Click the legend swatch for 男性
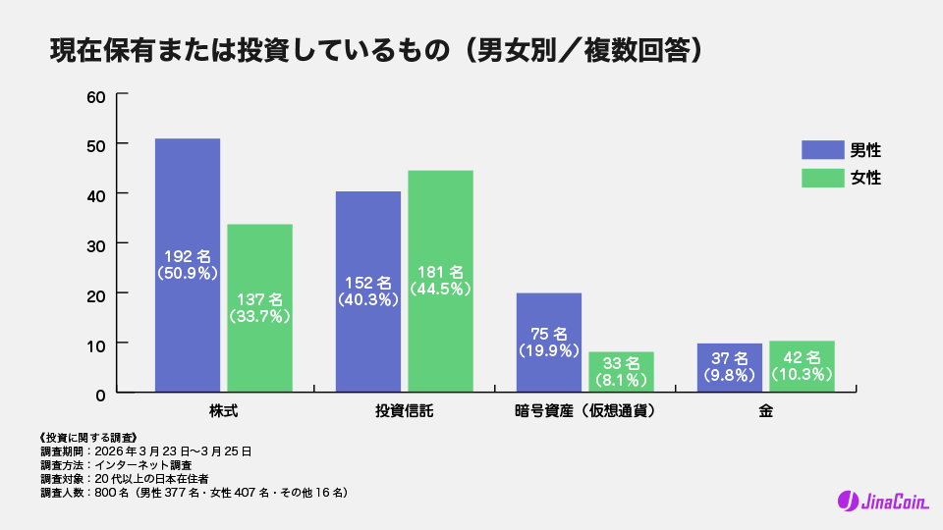pyautogui.click(x=823, y=150)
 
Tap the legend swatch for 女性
pyautogui.click(x=823, y=178)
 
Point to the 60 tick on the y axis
pyautogui.click(x=96, y=95)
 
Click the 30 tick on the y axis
pyautogui.click(x=96, y=243)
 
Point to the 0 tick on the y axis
pyautogui.click(x=100, y=393)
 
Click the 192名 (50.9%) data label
pyautogui.click(x=188, y=266)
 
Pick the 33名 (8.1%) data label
pyautogui.click(x=621, y=371)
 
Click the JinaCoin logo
pyautogui.click(x=880, y=501)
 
